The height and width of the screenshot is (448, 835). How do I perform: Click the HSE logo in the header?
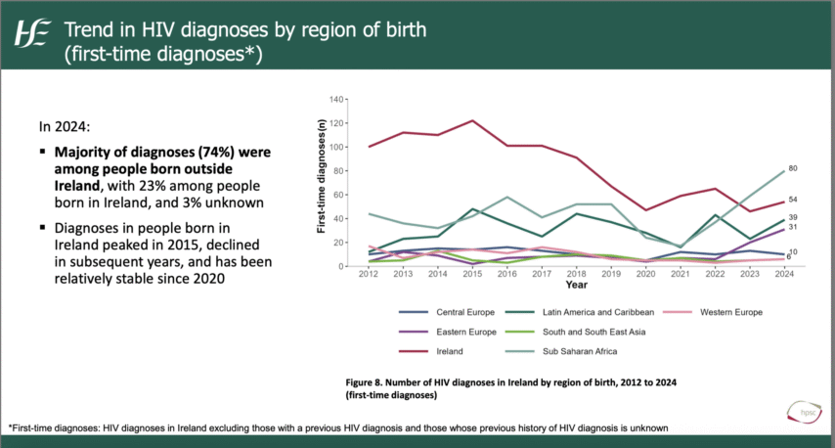[x=30, y=36]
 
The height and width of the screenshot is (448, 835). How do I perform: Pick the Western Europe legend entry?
[x=731, y=312]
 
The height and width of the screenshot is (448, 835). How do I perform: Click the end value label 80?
[x=793, y=169]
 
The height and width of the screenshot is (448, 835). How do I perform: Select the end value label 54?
[x=793, y=200]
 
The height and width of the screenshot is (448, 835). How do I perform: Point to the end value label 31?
[x=793, y=228]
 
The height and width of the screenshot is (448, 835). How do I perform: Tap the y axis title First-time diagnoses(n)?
[x=320, y=182]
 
